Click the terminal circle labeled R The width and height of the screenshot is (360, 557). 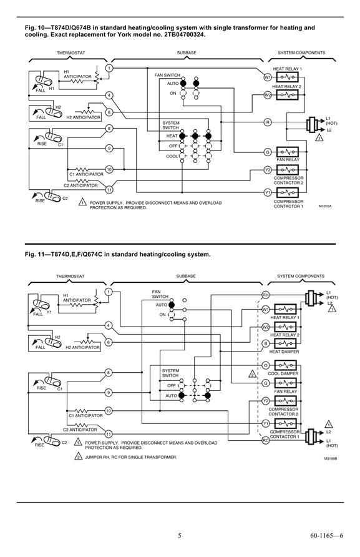268,122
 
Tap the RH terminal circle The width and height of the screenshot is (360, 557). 265,295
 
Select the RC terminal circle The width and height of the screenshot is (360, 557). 265,440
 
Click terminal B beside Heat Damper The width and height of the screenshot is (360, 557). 265,343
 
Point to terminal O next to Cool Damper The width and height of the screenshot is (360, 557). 265,365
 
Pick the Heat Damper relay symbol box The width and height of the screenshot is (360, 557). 285,343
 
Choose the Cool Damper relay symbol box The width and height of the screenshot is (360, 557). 285,365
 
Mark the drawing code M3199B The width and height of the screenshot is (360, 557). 330,458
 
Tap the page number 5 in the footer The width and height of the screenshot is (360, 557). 179,535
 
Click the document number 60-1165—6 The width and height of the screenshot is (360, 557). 327,535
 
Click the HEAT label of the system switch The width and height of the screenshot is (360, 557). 172,136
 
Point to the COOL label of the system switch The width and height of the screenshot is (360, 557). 172,156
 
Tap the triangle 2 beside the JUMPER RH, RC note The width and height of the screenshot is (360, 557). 79,456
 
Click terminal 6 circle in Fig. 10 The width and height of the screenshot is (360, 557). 109,112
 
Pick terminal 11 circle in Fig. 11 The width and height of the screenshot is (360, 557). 109,434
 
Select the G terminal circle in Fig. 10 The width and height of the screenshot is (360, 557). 268,152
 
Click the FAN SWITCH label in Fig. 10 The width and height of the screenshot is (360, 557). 167,76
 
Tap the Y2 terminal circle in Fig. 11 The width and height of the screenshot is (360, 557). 265,401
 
